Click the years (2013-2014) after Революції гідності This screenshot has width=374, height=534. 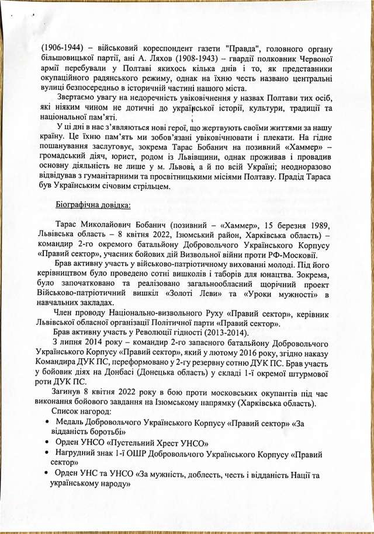tap(209, 334)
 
